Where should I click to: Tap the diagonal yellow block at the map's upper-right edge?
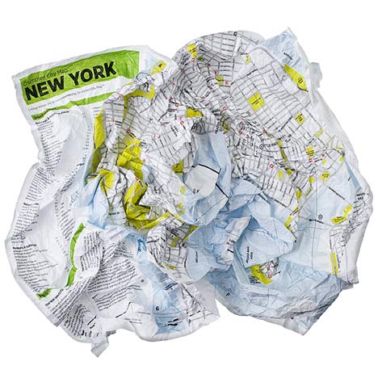click(x=296, y=77)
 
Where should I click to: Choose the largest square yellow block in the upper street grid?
click(x=257, y=101)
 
